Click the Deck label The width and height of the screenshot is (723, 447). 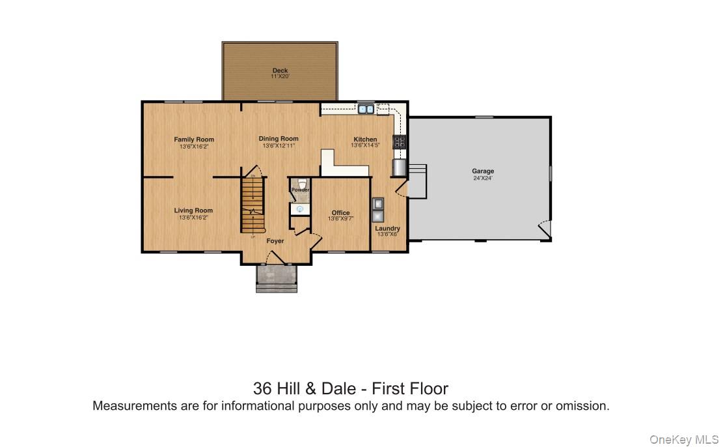pos(280,70)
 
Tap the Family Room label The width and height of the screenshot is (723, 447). pos(193,139)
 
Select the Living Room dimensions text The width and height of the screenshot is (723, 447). pos(193,218)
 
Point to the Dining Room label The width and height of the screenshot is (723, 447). pos(279,139)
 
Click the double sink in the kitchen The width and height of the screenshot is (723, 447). pos(365,109)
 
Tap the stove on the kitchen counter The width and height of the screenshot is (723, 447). pos(399,141)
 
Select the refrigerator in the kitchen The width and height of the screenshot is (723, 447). pos(399,167)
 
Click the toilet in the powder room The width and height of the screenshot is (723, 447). pos(300,183)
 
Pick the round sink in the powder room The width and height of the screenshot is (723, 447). pos(300,209)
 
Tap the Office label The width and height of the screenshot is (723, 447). pos(340,213)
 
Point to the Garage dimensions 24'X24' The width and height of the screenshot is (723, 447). pos(482,178)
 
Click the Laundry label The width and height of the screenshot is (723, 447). pos(387,229)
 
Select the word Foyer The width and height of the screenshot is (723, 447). pos(275,241)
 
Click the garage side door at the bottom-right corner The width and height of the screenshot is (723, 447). pos(544,229)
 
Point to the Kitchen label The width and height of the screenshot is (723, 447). pos(365,139)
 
